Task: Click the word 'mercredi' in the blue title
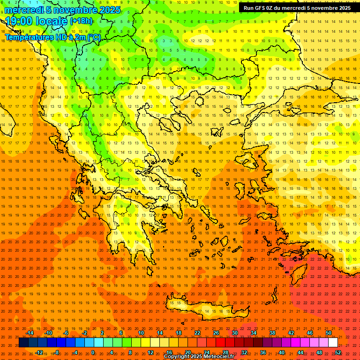(x=22, y=10)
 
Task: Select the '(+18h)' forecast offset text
(x=81, y=21)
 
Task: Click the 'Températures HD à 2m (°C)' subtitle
(x=52, y=37)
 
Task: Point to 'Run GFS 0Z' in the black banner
(x=259, y=8)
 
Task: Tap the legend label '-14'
(x=30, y=333)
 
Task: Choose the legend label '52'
(x=338, y=352)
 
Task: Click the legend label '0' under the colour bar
(x=93, y=352)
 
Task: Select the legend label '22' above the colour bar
(x=197, y=333)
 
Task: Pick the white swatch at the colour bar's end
(x=333, y=343)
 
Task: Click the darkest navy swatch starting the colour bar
(x=23, y=343)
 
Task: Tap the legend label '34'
(x=253, y=333)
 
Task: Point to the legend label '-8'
(x=56, y=352)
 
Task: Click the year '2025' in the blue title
(x=109, y=10)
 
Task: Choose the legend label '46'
(x=309, y=333)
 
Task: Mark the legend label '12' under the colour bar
(x=150, y=352)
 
